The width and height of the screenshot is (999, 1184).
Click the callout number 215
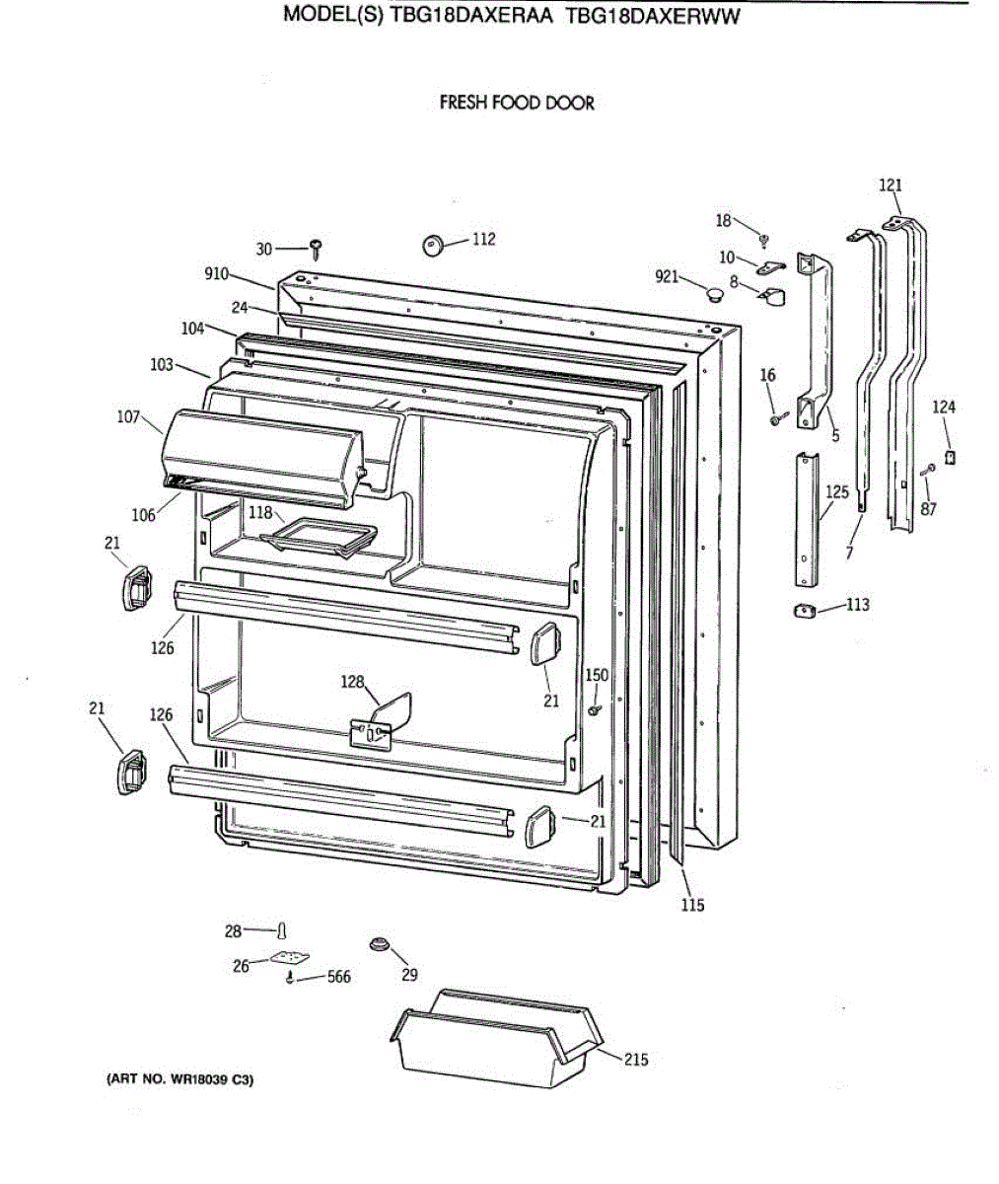point(636,1060)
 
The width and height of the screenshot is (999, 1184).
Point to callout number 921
point(667,277)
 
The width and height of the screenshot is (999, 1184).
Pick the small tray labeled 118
point(318,534)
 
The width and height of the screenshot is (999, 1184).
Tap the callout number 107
point(129,416)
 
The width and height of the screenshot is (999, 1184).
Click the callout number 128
point(352,681)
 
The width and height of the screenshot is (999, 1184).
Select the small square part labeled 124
point(950,458)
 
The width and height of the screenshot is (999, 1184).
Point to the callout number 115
point(692,905)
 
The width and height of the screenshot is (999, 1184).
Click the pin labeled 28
point(283,930)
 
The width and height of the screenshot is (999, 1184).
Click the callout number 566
point(338,978)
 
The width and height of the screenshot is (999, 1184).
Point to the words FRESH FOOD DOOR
point(517,103)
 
